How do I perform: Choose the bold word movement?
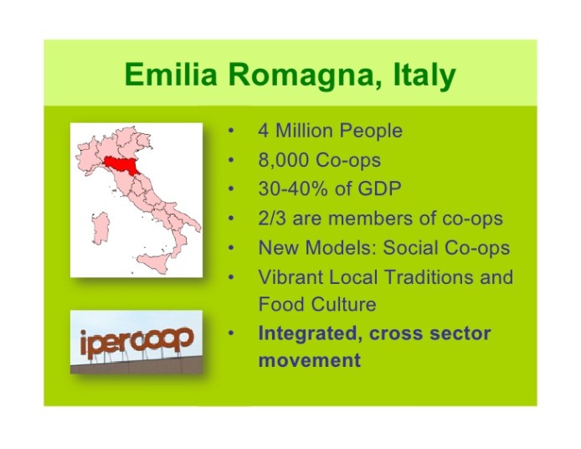tap(309, 361)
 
